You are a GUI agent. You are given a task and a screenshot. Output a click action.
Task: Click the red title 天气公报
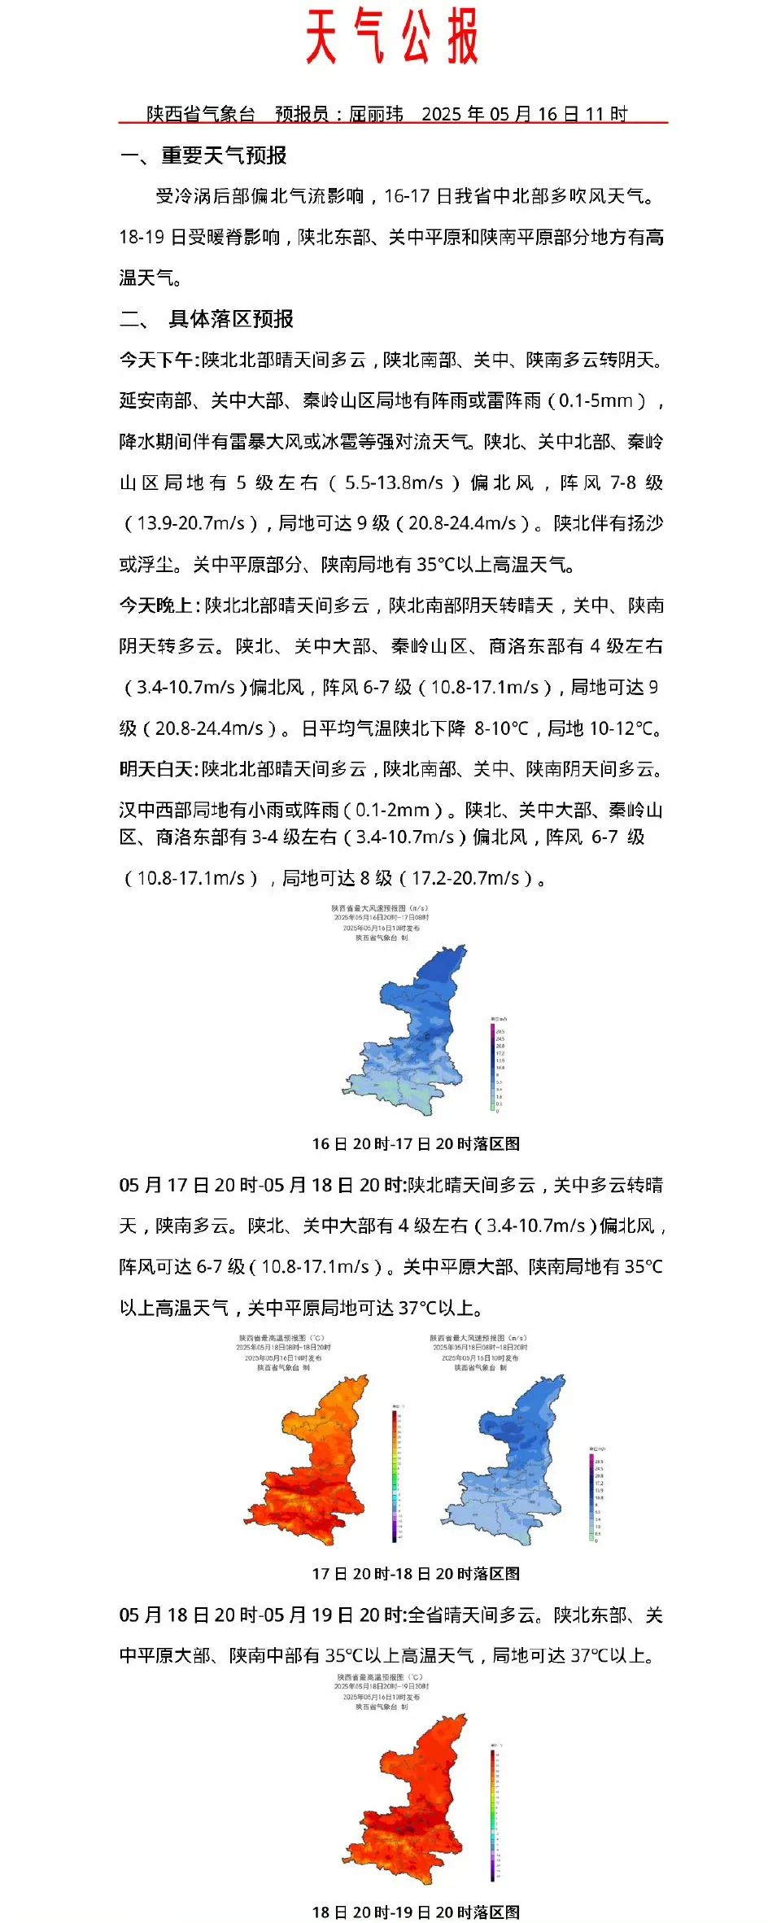pos(391,37)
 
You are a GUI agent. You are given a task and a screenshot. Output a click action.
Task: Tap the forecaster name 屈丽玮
pos(376,114)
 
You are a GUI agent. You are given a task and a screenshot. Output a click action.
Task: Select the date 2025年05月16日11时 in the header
pos(525,114)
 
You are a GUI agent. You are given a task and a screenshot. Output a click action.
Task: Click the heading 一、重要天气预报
pos(203,155)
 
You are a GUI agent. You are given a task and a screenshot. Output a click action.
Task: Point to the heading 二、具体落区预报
pos(207,319)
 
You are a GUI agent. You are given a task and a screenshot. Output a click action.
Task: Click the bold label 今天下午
pos(156,360)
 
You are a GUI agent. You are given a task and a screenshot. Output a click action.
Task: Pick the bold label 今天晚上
pos(156,605)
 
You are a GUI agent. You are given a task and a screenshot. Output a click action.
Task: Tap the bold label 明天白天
pos(156,769)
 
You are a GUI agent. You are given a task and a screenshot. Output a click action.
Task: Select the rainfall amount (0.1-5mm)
pos(598,401)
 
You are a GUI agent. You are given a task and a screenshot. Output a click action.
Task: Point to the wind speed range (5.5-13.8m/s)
pos(395,483)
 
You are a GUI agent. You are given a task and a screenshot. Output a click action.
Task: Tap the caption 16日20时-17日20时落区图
pos(416,1143)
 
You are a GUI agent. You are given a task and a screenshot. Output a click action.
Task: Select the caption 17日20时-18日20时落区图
pos(416,1574)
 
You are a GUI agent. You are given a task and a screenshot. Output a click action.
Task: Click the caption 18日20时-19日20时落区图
pos(416,1912)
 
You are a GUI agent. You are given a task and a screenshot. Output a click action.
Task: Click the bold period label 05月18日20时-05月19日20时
pos(261,1615)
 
